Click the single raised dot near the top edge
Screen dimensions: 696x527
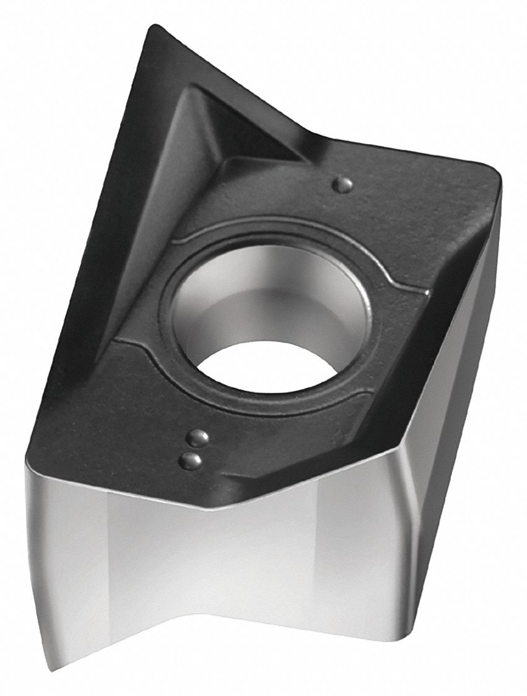[343, 183]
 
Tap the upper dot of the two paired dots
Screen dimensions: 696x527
[198, 438]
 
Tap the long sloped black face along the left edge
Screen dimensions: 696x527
[111, 247]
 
